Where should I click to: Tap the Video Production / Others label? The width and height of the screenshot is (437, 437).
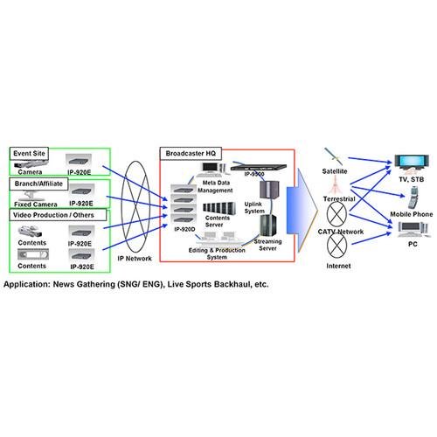click(52, 214)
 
